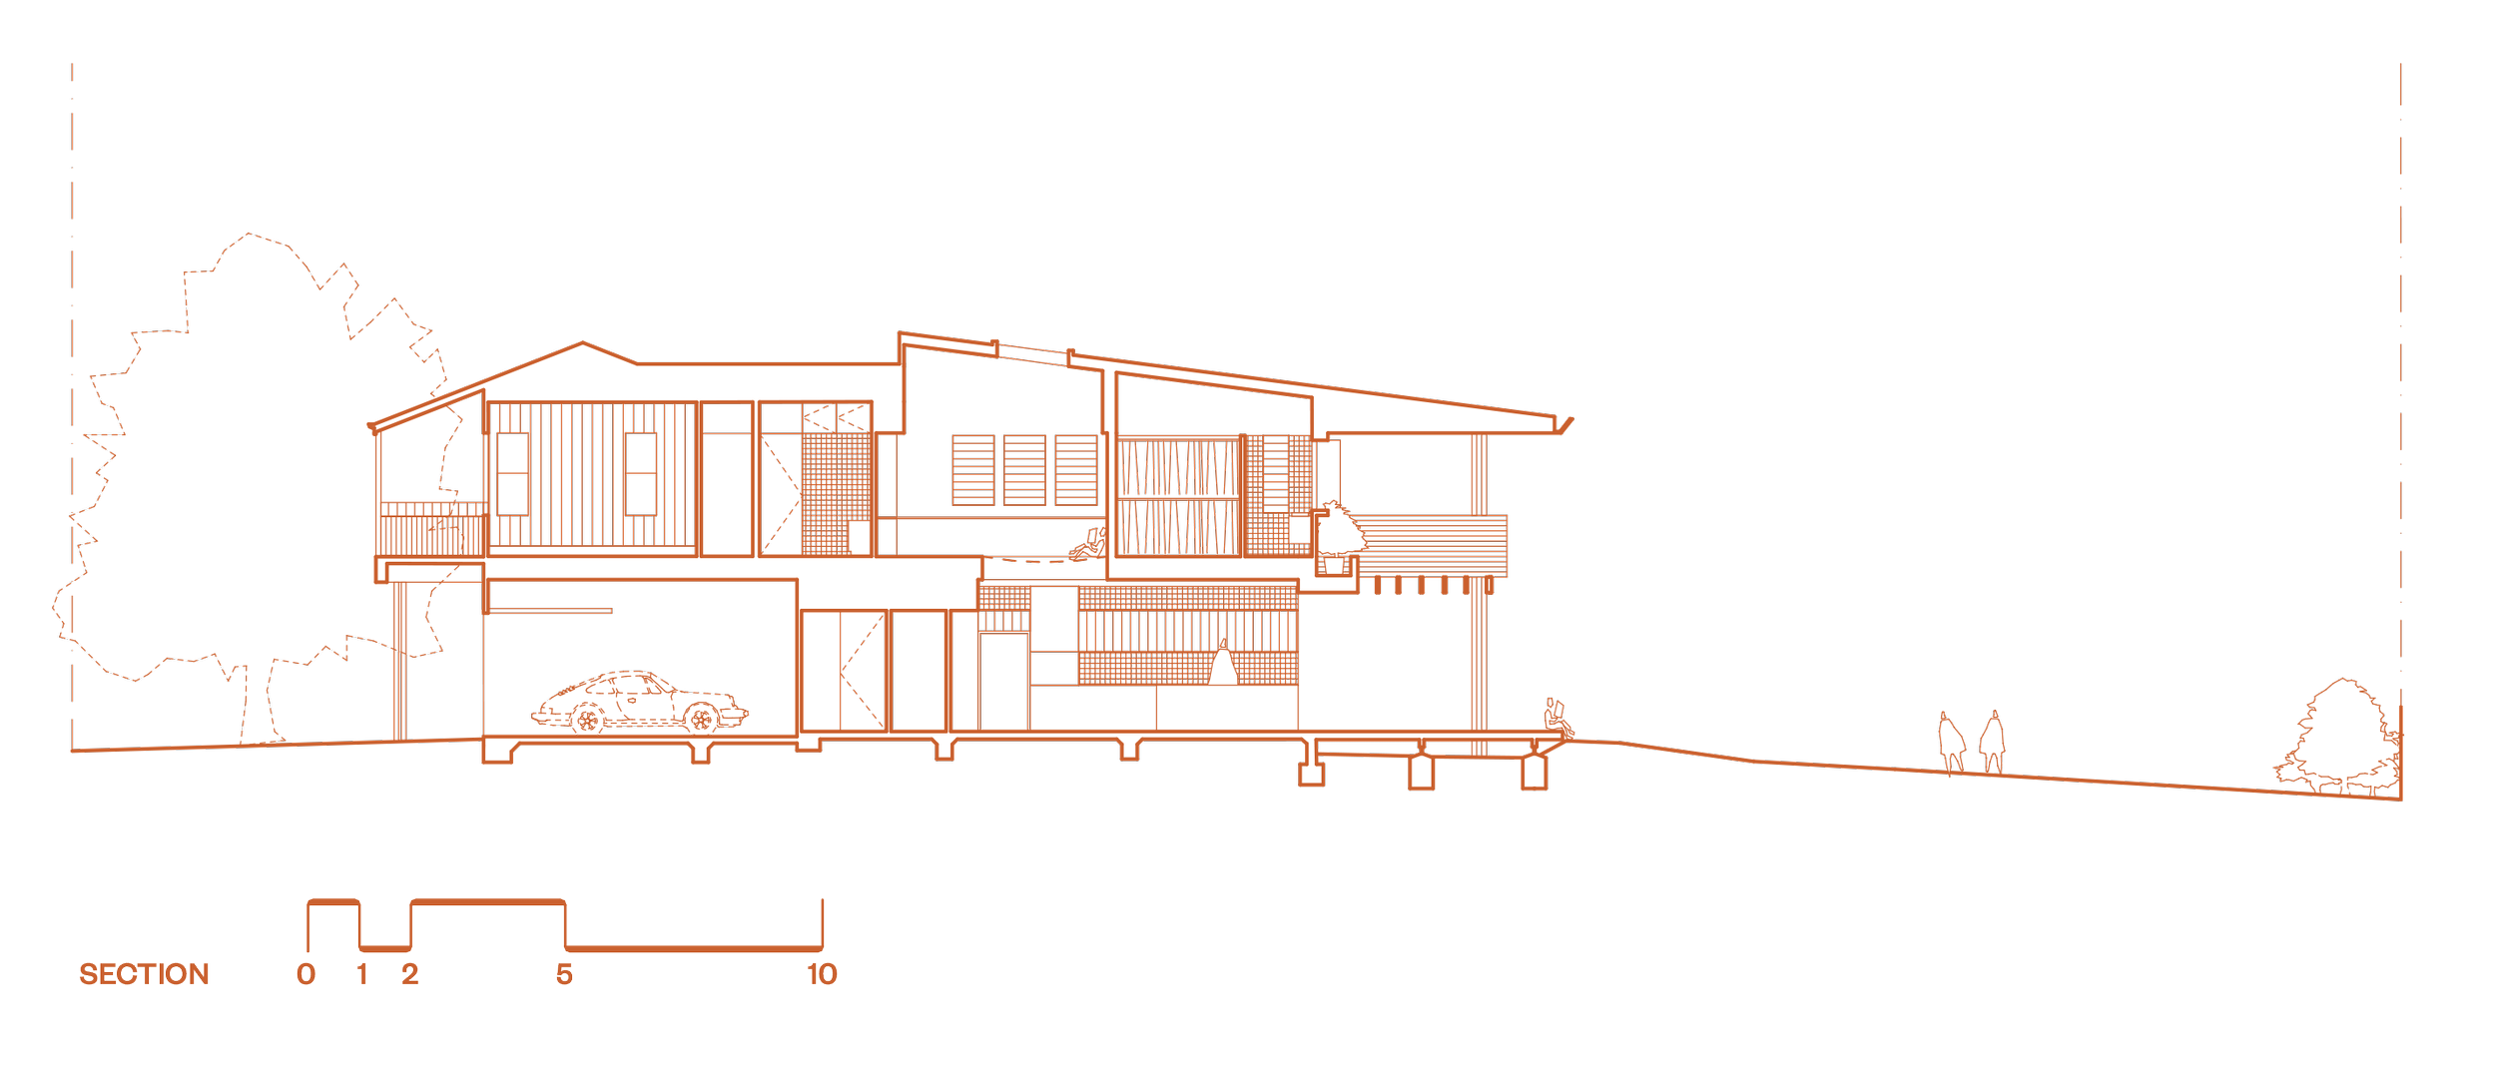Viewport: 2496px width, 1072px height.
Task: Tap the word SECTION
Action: (x=144, y=975)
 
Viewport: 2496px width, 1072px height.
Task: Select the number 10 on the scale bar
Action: (x=823, y=975)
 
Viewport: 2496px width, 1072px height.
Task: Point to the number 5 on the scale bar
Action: (x=564, y=975)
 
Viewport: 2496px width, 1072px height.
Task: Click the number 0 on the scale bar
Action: (x=306, y=975)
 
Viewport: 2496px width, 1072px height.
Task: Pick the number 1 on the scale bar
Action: (x=362, y=975)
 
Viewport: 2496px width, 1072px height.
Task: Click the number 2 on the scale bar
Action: (x=409, y=975)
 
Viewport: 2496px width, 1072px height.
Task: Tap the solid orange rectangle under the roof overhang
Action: (x=1405, y=474)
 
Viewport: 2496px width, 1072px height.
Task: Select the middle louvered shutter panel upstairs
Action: (x=1024, y=470)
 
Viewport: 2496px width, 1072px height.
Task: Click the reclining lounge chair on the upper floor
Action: (x=1088, y=545)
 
